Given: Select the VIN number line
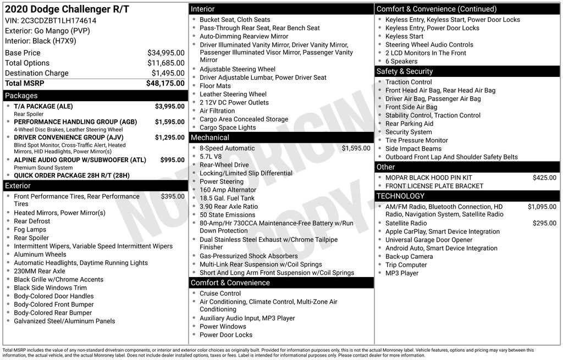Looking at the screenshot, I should [51, 20].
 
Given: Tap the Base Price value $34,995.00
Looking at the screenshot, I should [165, 53].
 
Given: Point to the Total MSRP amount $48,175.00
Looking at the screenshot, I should [165, 84].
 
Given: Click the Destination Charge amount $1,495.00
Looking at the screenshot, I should [168, 73].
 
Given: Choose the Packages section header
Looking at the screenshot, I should [21, 96].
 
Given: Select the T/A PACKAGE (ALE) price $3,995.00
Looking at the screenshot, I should [169, 106].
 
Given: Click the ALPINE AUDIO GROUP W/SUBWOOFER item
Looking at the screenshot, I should [80, 160].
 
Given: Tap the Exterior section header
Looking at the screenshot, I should [18, 186].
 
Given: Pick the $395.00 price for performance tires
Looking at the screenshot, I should [173, 196].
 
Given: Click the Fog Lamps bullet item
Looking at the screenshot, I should [30, 230].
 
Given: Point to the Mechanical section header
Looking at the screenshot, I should [209, 137].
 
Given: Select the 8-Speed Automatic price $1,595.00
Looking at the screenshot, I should [356, 148].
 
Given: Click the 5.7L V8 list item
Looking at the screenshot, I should [211, 157].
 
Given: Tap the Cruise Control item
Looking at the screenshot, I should [220, 293].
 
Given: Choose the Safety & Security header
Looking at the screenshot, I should [404, 71].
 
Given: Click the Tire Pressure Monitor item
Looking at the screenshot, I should [416, 140].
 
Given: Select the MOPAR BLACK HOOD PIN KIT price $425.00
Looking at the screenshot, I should [544, 178].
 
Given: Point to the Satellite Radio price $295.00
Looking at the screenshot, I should [544, 223].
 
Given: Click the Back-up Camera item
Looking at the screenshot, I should [409, 257].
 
